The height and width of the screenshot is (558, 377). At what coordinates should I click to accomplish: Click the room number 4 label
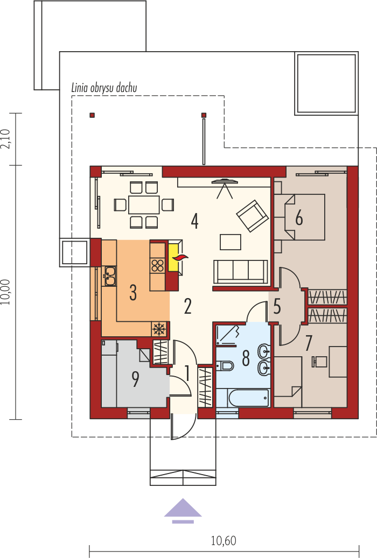click(x=194, y=221)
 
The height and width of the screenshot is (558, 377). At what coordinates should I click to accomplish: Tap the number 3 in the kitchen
click(x=133, y=293)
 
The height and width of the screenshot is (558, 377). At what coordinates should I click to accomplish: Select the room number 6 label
click(x=299, y=218)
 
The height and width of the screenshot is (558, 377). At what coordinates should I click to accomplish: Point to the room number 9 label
click(x=135, y=379)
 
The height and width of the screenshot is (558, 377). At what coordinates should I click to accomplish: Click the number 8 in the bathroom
click(x=246, y=358)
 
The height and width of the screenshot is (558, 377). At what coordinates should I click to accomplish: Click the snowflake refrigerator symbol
click(x=159, y=329)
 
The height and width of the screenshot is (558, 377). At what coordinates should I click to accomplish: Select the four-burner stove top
click(x=157, y=265)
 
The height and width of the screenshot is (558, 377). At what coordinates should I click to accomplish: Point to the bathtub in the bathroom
click(x=248, y=398)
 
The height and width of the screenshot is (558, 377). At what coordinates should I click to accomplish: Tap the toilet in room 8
click(x=225, y=365)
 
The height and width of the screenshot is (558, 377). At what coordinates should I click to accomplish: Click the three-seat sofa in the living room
click(x=241, y=272)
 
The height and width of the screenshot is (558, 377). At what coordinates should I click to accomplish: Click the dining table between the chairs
click(x=144, y=204)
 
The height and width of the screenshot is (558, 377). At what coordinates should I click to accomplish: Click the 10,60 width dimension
click(x=224, y=541)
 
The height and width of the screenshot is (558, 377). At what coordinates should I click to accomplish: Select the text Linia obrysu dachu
click(x=104, y=88)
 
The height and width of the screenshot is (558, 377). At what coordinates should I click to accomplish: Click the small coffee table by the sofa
click(x=231, y=242)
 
